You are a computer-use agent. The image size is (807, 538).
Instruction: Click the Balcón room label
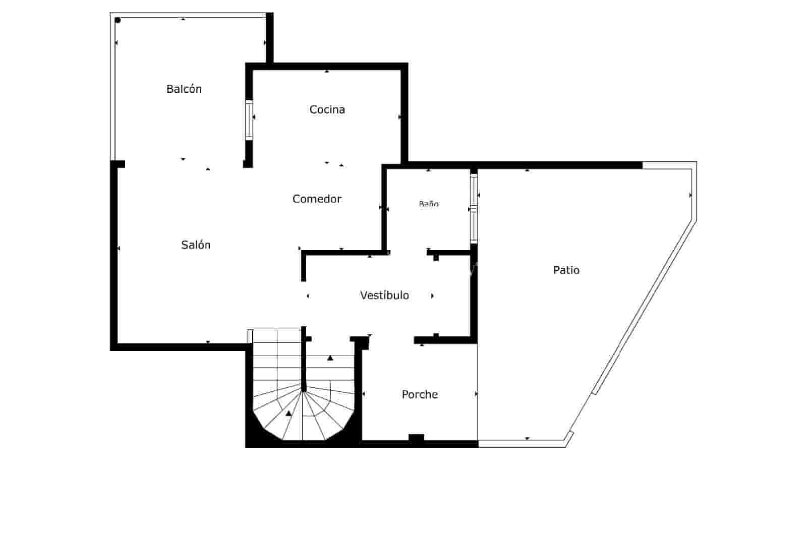point(184,89)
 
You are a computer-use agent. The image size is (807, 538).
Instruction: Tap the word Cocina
point(327,109)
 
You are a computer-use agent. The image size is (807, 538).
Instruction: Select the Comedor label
point(317,199)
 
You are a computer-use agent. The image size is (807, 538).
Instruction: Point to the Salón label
point(196,245)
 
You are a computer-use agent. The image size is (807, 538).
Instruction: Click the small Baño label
point(429,204)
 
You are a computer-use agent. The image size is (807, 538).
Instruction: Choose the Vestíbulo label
point(384,295)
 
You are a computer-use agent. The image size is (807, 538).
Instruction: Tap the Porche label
point(420,394)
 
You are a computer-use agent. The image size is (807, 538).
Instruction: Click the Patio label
point(566,270)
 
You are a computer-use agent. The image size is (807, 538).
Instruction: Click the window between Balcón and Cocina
point(249,120)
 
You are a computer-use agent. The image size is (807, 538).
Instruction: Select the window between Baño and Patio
point(474,208)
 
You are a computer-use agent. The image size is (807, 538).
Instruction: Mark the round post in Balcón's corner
point(118,20)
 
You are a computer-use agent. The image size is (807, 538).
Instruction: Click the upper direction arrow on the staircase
point(330,358)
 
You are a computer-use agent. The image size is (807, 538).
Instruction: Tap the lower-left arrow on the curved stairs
point(289,413)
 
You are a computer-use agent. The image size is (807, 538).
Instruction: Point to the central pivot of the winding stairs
point(304,389)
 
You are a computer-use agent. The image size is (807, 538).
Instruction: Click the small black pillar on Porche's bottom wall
point(416,437)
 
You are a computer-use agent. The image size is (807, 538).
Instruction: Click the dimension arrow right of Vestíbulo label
point(432,296)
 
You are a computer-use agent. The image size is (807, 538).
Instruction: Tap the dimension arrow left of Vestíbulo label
point(308,296)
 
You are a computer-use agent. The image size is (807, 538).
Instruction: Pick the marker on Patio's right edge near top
point(690,195)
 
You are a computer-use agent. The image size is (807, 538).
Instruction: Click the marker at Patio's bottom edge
point(527,438)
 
